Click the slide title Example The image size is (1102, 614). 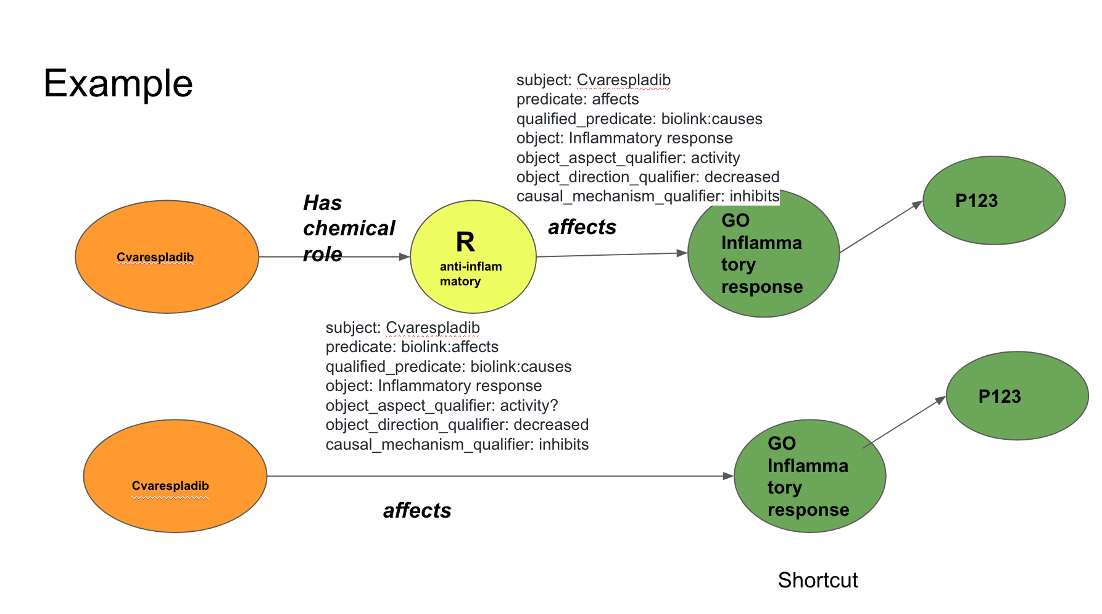click(118, 83)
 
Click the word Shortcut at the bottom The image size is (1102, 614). click(818, 580)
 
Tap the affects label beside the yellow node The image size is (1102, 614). click(582, 227)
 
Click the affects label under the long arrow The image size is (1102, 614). click(417, 511)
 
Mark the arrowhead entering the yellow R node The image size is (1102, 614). click(405, 256)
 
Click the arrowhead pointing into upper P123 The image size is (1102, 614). click(918, 204)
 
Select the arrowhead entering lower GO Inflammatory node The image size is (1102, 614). click(728, 476)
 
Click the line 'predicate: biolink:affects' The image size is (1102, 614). click(412, 347)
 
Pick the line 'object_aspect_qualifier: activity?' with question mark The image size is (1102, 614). click(441, 406)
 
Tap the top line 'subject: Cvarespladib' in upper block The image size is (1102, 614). click(593, 80)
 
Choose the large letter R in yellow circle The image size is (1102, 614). click(465, 242)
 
